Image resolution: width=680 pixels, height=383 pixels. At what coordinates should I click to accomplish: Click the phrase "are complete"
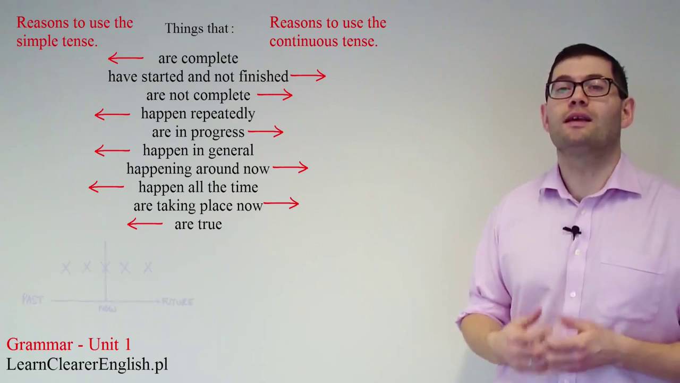pyautogui.click(x=198, y=59)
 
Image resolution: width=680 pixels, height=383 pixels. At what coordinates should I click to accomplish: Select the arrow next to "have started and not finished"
pyautogui.click(x=308, y=76)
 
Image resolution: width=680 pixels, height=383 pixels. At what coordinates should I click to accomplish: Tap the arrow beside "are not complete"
pyautogui.click(x=275, y=95)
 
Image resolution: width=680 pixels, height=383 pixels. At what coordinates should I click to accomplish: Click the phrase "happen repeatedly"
pyautogui.click(x=198, y=114)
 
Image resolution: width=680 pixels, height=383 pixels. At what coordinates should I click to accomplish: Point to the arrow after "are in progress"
pyautogui.click(x=266, y=131)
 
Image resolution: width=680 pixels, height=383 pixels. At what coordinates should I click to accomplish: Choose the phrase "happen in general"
pyautogui.click(x=198, y=151)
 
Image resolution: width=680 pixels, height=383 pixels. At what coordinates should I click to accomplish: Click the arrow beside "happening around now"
pyautogui.click(x=290, y=168)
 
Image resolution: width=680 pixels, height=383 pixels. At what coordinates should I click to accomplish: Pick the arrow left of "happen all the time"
pyautogui.click(x=106, y=187)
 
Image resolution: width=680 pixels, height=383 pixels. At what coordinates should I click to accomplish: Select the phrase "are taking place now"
pyautogui.click(x=198, y=206)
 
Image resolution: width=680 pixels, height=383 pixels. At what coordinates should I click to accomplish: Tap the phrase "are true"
pyautogui.click(x=198, y=224)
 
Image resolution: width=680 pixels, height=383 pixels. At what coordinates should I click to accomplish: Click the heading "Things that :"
pyautogui.click(x=199, y=29)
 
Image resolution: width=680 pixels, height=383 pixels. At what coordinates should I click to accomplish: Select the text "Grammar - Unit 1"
pyautogui.click(x=69, y=345)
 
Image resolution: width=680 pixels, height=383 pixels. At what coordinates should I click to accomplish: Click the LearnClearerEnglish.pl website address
pyautogui.click(x=87, y=364)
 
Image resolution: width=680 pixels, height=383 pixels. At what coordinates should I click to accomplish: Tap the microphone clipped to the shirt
pyautogui.click(x=572, y=231)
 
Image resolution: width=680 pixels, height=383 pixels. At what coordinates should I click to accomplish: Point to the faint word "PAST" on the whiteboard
pyautogui.click(x=32, y=299)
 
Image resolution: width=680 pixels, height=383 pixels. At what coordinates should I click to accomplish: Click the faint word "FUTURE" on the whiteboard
pyautogui.click(x=177, y=302)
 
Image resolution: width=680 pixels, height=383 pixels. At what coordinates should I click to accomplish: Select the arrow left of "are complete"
pyautogui.click(x=126, y=58)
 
